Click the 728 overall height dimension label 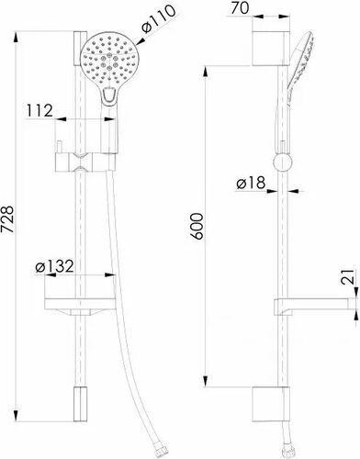8,219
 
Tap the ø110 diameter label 159,19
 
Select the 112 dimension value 39,110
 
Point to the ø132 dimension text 54,266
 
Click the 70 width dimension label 240,8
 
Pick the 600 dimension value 196,226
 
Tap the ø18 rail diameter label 251,183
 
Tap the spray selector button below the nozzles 108,95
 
